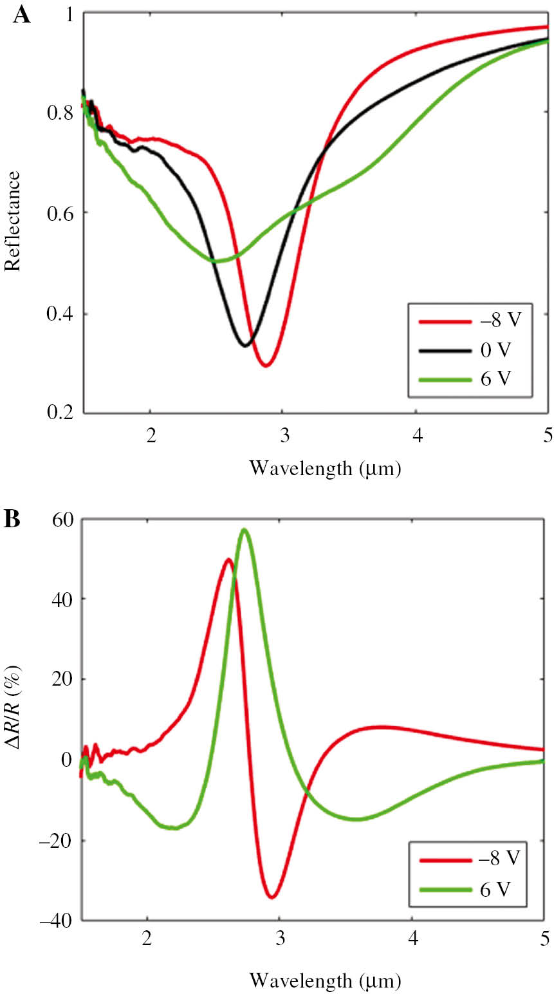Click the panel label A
click(21, 14)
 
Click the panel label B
click(12, 520)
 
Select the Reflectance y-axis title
click(13, 221)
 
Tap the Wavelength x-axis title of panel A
click(325, 468)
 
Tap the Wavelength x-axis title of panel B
click(325, 980)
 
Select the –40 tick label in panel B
click(57, 921)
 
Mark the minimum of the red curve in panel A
click(266, 366)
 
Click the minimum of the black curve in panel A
click(245, 346)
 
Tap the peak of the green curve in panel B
click(244, 529)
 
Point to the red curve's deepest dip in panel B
click(272, 897)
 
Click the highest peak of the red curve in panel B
click(228, 559)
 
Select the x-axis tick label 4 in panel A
click(418, 435)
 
